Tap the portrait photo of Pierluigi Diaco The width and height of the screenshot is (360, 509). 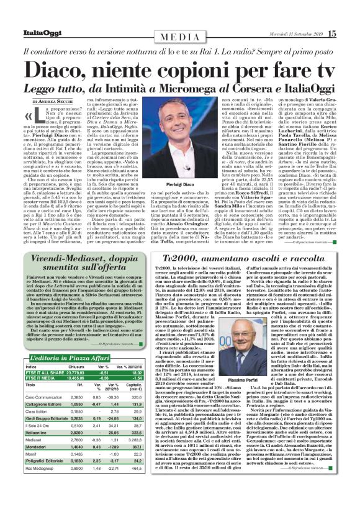pos(180,137)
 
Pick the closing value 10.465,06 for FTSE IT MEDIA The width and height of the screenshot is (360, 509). pos(78,378)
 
